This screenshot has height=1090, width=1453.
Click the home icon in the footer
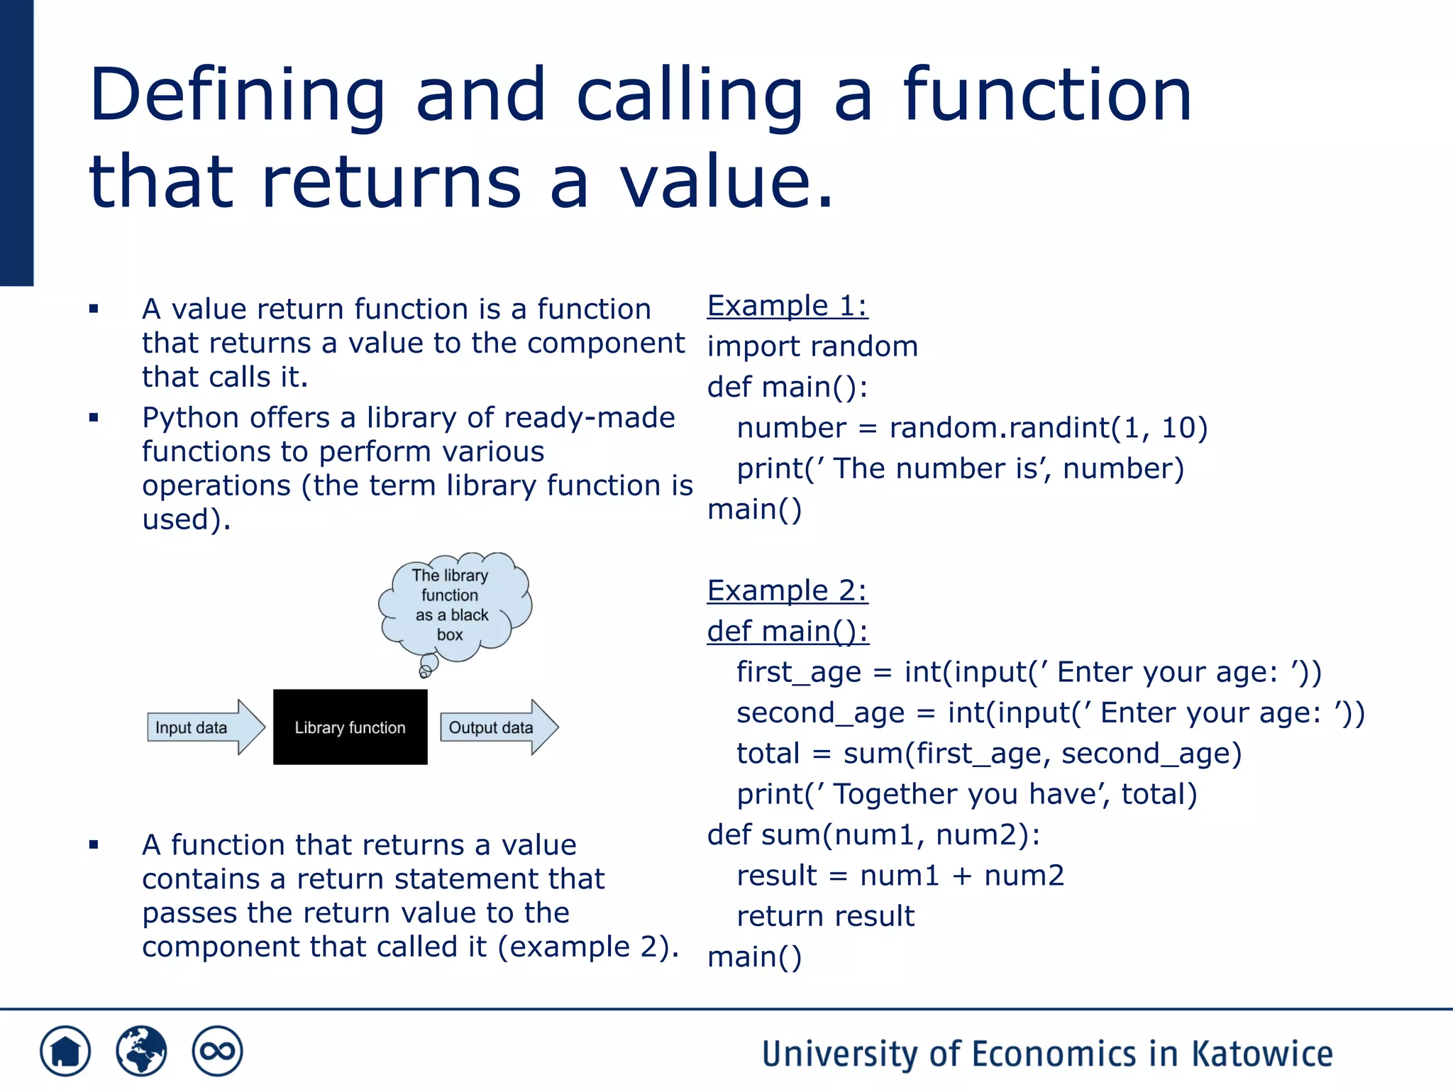click(65, 1050)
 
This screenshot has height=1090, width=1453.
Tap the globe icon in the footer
click(141, 1050)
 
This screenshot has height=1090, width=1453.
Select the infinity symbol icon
click(217, 1050)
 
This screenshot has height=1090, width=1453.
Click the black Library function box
click(350, 727)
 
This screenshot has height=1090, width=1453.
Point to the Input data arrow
click(205, 727)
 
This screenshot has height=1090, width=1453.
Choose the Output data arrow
click(498, 727)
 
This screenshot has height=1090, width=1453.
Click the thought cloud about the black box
click(454, 605)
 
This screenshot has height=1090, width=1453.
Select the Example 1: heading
click(787, 306)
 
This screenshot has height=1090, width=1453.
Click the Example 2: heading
click(787, 590)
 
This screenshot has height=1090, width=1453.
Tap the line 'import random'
click(812, 346)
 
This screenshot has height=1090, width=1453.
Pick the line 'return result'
click(825, 916)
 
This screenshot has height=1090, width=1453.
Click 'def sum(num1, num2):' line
click(873, 835)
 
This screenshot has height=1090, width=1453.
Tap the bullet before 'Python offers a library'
click(94, 417)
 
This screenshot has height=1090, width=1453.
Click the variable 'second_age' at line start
click(820, 712)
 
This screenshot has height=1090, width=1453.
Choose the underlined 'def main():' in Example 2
click(788, 631)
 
